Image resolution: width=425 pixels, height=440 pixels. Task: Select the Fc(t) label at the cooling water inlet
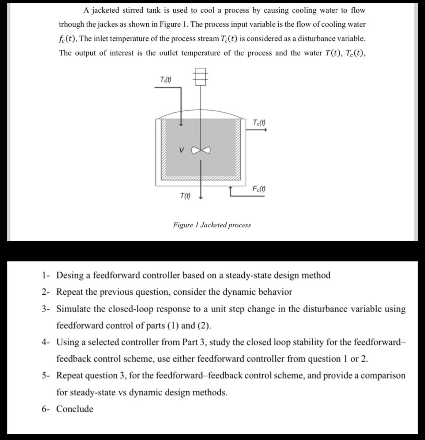point(259,189)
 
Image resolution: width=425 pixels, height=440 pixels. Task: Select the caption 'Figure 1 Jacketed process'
point(212,225)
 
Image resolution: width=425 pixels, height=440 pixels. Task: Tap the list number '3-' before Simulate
point(46,309)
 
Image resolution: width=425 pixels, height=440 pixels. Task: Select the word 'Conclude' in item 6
point(75,409)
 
